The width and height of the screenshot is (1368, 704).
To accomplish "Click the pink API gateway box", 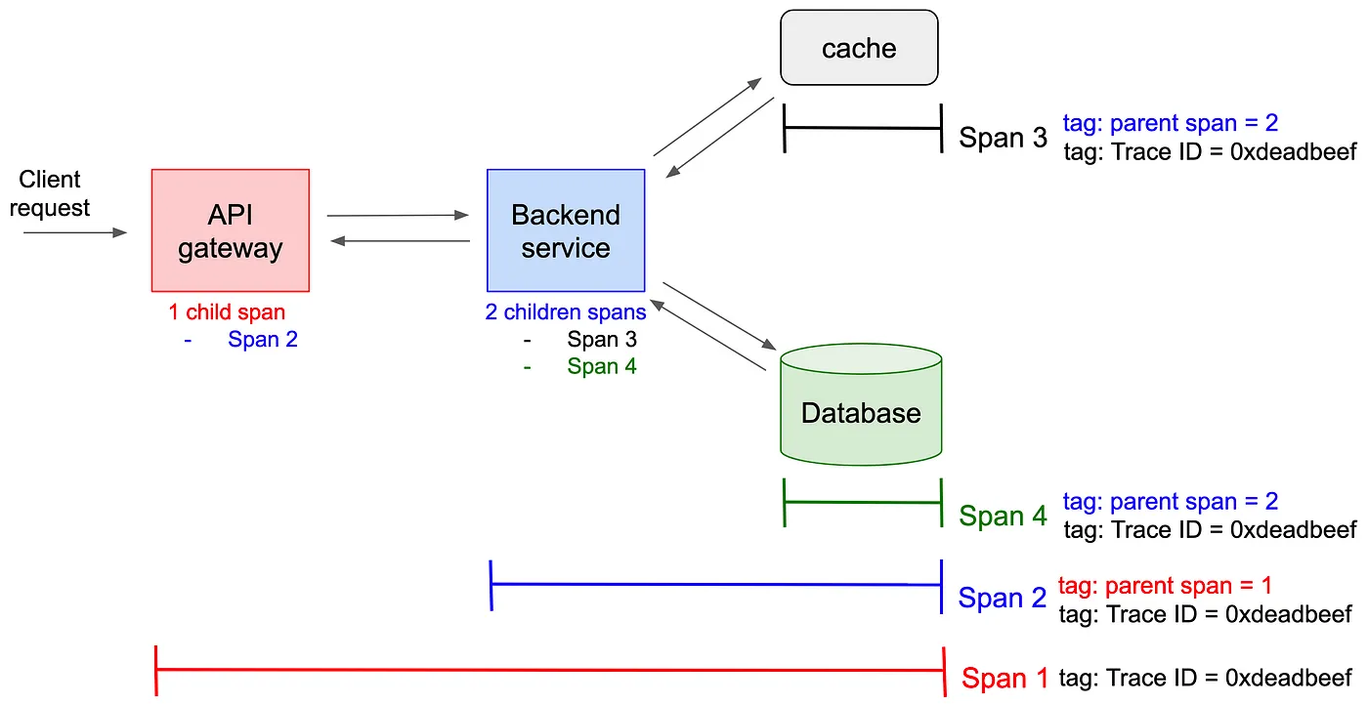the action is [x=231, y=230].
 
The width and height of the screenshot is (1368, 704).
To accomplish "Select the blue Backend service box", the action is [x=566, y=230].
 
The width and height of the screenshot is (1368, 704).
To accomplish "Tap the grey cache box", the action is [x=859, y=48].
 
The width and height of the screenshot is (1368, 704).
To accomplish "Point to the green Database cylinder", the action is [x=861, y=404].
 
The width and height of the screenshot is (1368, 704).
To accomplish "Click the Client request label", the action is [x=50, y=193].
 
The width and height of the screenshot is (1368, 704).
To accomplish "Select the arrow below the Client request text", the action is [x=75, y=232].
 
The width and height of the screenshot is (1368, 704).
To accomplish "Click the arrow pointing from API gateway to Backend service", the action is [x=398, y=216].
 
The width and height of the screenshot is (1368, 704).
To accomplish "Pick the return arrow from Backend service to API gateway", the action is [x=400, y=241].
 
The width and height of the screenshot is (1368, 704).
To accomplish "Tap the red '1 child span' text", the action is [x=227, y=311].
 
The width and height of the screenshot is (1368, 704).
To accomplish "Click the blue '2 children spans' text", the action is [x=566, y=311].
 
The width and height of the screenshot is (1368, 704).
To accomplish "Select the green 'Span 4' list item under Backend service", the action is [x=602, y=366].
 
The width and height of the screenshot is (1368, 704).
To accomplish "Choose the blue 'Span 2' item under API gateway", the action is [x=263, y=339].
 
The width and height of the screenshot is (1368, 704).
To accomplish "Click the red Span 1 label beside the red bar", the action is [x=1005, y=678].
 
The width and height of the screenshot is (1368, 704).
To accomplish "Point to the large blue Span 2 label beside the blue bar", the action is [x=1003, y=598].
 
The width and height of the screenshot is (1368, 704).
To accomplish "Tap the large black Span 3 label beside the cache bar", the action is [x=1003, y=138].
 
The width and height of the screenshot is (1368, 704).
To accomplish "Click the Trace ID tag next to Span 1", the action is [x=1205, y=678].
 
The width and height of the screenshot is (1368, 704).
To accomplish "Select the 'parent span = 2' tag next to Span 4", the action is [x=1171, y=502].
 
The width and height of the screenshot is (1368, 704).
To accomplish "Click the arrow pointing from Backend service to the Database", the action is [x=719, y=316].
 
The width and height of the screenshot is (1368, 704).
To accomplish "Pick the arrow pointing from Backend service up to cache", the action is [x=707, y=116].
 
